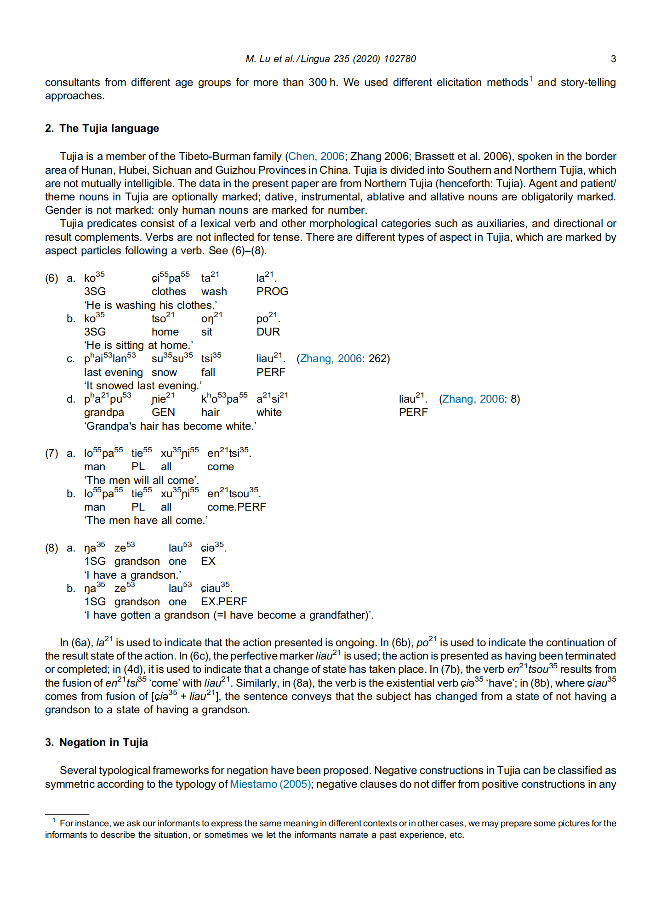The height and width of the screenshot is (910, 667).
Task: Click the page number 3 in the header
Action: tap(613, 59)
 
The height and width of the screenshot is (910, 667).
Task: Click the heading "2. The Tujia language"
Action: tap(102, 128)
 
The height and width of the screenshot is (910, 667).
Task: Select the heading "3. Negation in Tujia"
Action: tap(97, 742)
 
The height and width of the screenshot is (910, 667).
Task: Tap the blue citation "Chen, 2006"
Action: tap(316, 156)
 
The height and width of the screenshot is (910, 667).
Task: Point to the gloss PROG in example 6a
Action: tap(272, 291)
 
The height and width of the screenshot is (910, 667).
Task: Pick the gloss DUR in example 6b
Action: tap(268, 332)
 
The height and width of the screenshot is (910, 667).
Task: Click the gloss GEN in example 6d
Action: tap(163, 412)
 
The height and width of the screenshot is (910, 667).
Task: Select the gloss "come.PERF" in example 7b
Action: tap(236, 507)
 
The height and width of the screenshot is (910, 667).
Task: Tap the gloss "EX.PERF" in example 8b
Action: tap(224, 602)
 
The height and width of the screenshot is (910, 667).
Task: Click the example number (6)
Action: tap(51, 279)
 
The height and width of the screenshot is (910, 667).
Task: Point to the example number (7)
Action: tap(51, 454)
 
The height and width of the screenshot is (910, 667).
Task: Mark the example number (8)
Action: tap(51, 548)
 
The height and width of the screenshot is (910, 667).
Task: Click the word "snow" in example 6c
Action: tap(164, 372)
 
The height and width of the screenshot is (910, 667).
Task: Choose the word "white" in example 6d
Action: tap(269, 412)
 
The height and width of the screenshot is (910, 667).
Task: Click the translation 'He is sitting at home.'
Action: tap(138, 345)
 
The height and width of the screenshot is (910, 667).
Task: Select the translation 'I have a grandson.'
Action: tap(132, 575)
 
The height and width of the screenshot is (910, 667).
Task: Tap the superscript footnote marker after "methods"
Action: tap(530, 79)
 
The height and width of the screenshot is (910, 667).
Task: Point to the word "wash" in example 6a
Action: tap(214, 291)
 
